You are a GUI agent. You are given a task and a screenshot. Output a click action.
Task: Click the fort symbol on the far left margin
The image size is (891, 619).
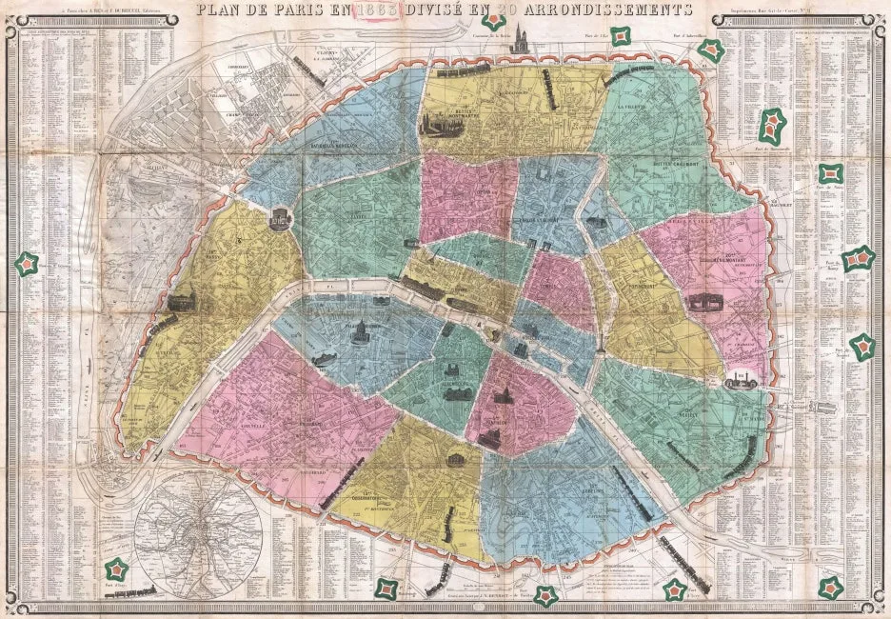(x=26, y=260)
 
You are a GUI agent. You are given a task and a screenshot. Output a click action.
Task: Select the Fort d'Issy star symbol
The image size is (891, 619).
(x=117, y=569)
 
